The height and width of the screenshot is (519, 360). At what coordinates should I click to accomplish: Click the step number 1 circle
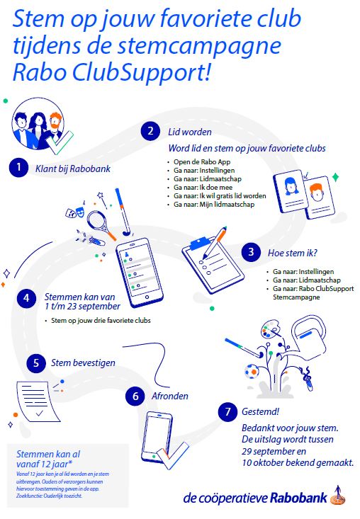pyautogui.click(x=18, y=167)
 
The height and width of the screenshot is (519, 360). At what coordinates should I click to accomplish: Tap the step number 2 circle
pyautogui.click(x=150, y=131)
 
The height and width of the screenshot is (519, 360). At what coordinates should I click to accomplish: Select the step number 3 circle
pyautogui.click(x=251, y=252)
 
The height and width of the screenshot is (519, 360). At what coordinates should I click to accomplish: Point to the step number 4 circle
pyautogui.click(x=26, y=298)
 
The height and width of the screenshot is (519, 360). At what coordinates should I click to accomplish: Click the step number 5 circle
pyautogui.click(x=36, y=363)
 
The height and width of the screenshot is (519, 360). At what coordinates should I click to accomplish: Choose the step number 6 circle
pyautogui.click(x=135, y=397)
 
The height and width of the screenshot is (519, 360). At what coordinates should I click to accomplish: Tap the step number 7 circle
pyautogui.click(x=227, y=412)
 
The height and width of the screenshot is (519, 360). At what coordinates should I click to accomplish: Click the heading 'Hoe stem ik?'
pyautogui.click(x=293, y=253)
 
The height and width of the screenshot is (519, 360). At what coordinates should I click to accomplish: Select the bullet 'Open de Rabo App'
pyautogui.click(x=202, y=162)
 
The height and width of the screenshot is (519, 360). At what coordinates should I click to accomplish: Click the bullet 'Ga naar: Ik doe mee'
pyautogui.click(x=203, y=188)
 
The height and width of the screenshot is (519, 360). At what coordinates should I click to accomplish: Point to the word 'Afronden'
pyautogui.click(x=170, y=396)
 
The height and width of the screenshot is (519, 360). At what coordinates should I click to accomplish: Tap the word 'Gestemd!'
pyautogui.click(x=260, y=412)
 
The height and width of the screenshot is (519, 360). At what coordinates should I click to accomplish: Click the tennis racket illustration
pyautogui.click(x=101, y=224)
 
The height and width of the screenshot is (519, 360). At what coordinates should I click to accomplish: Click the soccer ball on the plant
pyautogui.click(x=252, y=372)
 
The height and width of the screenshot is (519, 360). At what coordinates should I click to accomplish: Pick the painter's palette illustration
pyautogui.click(x=271, y=329)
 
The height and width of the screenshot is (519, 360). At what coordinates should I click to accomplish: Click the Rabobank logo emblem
pyautogui.click(x=338, y=496)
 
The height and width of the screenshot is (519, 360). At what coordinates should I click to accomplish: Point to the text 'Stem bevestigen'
pyautogui.click(x=83, y=363)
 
